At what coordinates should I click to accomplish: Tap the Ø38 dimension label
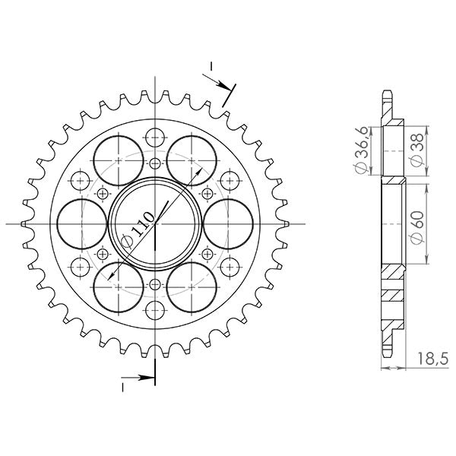click(x=416, y=150)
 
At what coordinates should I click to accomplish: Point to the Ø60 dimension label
click(x=416, y=228)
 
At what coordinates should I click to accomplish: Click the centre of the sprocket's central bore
click(x=155, y=224)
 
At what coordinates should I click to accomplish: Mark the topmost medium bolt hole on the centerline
click(x=155, y=138)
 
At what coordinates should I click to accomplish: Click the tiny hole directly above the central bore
click(x=155, y=164)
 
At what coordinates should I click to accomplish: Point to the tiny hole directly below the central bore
click(x=155, y=284)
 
